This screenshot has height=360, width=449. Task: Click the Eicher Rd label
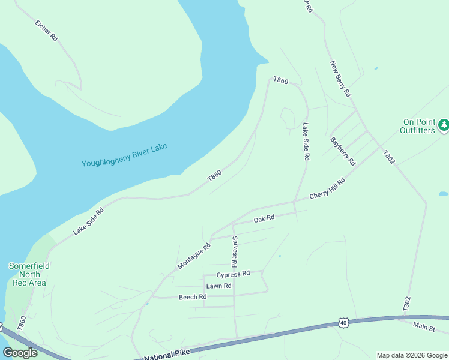pyautogui.click(x=46, y=31)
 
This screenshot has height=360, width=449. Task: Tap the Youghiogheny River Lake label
pyautogui.click(x=124, y=155)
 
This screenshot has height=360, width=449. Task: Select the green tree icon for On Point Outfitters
pyautogui.click(x=444, y=125)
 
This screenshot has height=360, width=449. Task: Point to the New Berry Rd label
pyautogui.click(x=340, y=79)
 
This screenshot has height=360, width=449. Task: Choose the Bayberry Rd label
pyautogui.click(x=343, y=151)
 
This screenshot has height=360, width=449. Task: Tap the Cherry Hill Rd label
pyautogui.click(x=327, y=189)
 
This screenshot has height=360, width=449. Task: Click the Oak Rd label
pyautogui.click(x=264, y=219)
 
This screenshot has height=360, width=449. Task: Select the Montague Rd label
pyautogui.click(x=194, y=256)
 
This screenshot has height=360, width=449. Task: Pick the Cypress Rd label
pyautogui.click(x=233, y=274)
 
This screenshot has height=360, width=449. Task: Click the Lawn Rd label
pyautogui.click(x=218, y=286)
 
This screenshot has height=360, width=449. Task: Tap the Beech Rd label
pyautogui.click(x=193, y=297)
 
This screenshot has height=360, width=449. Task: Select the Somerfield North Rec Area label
pyautogui.click(x=29, y=274)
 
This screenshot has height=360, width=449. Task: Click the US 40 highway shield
pyautogui.click(x=343, y=323)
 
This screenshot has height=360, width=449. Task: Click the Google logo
pyautogui.click(x=20, y=353)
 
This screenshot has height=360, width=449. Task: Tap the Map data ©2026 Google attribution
pyautogui.click(x=412, y=355)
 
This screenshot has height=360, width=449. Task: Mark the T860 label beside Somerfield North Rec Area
pyautogui.click(x=23, y=322)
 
